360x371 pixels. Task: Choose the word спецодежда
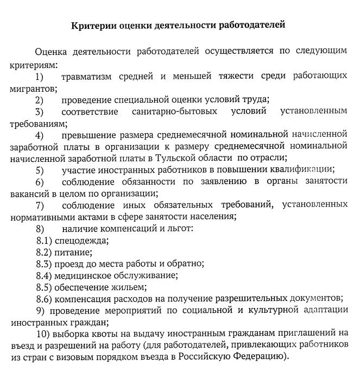pyautogui.click(x=81, y=240)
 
